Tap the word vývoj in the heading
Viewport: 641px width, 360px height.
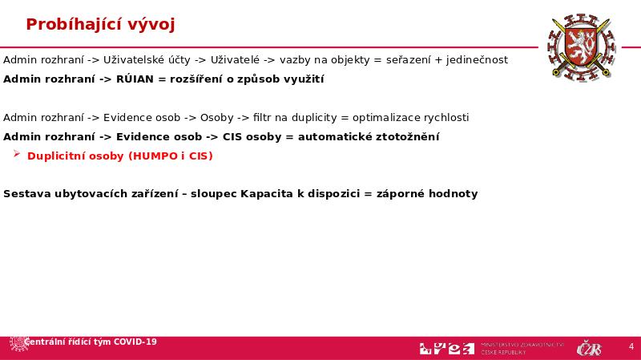point(151,25)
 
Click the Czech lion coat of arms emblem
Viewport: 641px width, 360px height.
point(579,47)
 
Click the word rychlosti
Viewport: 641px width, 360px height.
point(445,118)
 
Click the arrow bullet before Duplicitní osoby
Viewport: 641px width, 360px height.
point(17,156)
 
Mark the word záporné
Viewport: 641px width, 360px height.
point(398,194)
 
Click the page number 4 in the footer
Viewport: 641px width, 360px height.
point(631,347)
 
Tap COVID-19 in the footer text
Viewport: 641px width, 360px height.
point(135,342)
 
